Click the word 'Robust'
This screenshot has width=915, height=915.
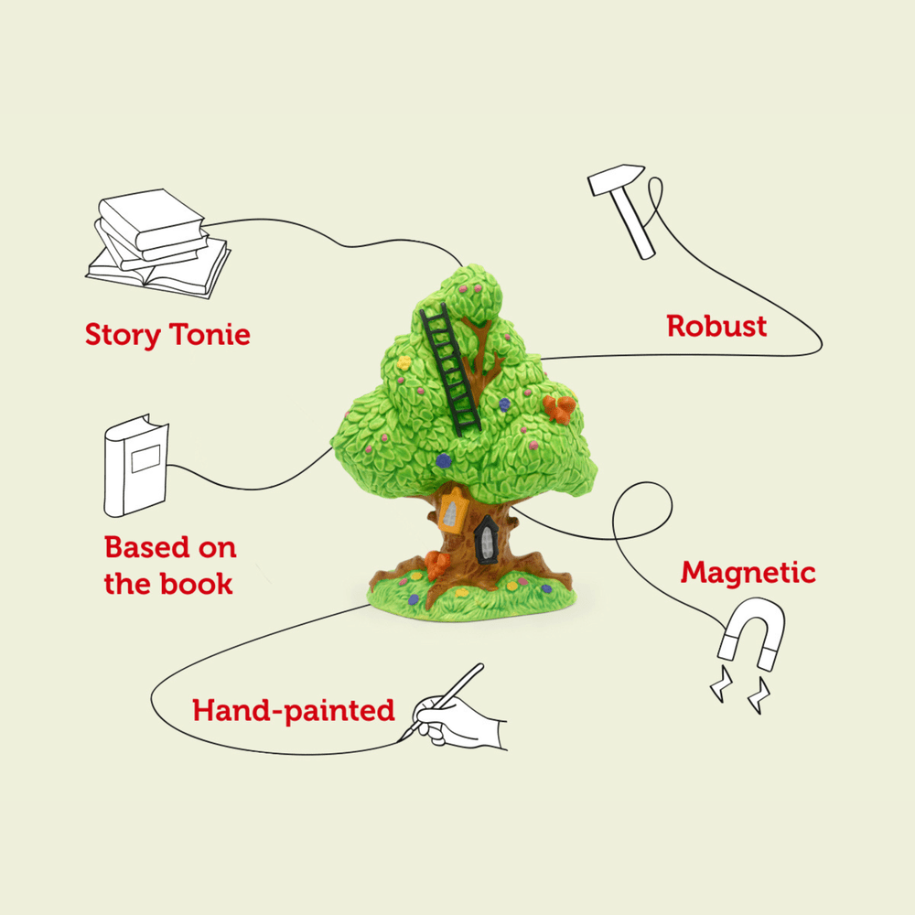pyautogui.click(x=716, y=326)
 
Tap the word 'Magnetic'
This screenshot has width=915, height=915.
pyautogui.click(x=748, y=574)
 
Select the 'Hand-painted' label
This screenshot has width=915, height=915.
pyautogui.click(x=293, y=710)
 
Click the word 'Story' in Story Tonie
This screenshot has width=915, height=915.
pyautogui.click(x=121, y=335)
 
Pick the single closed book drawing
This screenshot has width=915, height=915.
pyautogui.click(x=135, y=466)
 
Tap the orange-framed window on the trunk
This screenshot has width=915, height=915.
pyautogui.click(x=451, y=511)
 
